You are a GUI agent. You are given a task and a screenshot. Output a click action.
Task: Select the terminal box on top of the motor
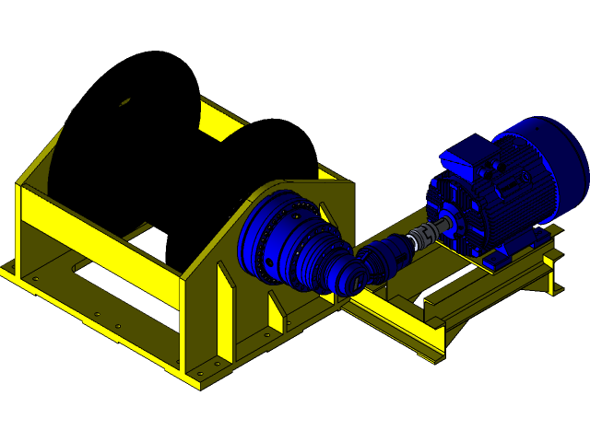pyautogui.click(x=468, y=156)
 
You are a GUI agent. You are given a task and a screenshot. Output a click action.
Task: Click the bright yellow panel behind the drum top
pyautogui.click(x=221, y=121)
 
